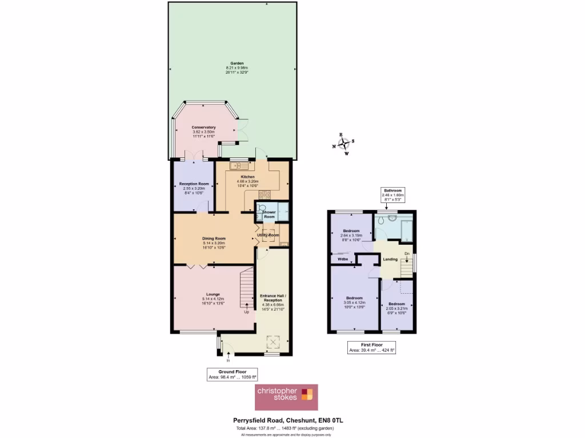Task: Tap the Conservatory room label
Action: click(203, 127)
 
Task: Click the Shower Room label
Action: click(269, 214)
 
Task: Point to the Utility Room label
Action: click(268, 235)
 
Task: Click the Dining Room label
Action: click(214, 238)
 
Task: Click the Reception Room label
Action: click(194, 184)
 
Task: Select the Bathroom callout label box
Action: click(392, 195)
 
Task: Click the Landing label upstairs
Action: click(390, 259)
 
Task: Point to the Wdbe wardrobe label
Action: click(343, 259)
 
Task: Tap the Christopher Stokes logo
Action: click(286, 397)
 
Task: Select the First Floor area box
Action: click(372, 348)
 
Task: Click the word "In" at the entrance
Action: click(228, 360)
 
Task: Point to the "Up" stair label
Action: click(247, 312)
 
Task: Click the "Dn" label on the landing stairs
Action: click(406, 253)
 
